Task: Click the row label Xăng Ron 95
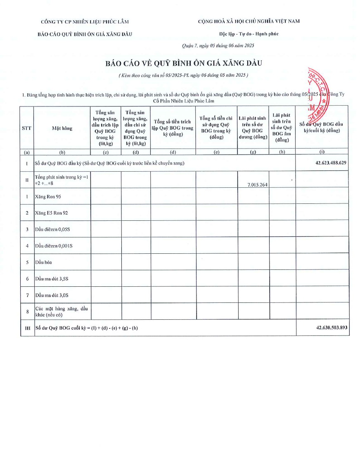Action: point(48,196)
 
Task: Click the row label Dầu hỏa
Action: point(43,262)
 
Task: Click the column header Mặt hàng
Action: point(62,128)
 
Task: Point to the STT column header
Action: point(27,128)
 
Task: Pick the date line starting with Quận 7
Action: point(218,45)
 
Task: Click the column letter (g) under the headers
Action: point(253,152)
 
